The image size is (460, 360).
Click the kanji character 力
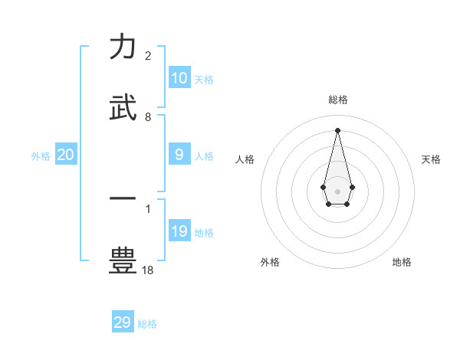(x=123, y=47)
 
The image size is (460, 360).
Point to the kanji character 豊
(x=123, y=260)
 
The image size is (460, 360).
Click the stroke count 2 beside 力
(x=148, y=56)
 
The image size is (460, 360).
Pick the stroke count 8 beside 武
(x=148, y=116)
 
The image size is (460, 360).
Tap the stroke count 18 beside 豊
(x=148, y=270)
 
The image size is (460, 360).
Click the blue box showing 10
(x=179, y=78)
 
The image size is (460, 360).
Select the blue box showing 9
(x=179, y=155)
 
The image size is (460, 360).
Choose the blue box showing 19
(x=179, y=231)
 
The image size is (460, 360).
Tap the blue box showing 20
(x=66, y=155)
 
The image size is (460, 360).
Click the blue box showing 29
(x=123, y=322)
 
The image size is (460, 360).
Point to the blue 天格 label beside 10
(x=204, y=80)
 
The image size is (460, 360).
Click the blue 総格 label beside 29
(x=147, y=324)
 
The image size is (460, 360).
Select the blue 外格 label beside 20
(x=41, y=156)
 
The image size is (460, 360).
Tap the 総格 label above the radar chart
(x=337, y=100)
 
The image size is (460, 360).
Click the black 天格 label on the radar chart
(x=431, y=159)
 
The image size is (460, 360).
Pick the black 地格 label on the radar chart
(x=402, y=262)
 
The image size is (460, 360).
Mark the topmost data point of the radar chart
(x=337, y=129)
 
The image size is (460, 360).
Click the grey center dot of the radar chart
(x=337, y=190)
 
